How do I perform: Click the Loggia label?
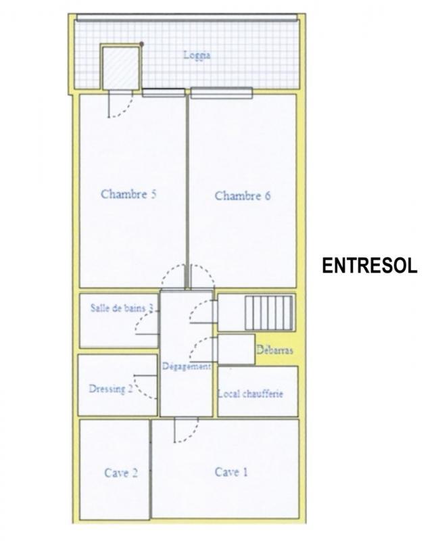coord(197,55)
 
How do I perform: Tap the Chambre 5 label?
coord(129,194)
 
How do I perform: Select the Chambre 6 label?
coord(243,196)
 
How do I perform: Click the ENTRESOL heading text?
coord(369,265)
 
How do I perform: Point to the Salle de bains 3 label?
coord(122,308)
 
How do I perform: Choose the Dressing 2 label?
coord(111,389)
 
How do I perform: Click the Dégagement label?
coord(187,367)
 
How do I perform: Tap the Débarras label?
coord(274,350)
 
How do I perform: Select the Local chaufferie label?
coord(250,394)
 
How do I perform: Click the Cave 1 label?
coord(231,472)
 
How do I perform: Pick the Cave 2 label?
coord(121,473)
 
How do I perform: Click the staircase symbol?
coord(269,312)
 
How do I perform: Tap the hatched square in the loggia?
coord(120,66)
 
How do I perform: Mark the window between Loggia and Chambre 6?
coord(221,93)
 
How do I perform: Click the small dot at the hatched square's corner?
coord(142,44)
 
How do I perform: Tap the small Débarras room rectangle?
coord(236,349)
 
